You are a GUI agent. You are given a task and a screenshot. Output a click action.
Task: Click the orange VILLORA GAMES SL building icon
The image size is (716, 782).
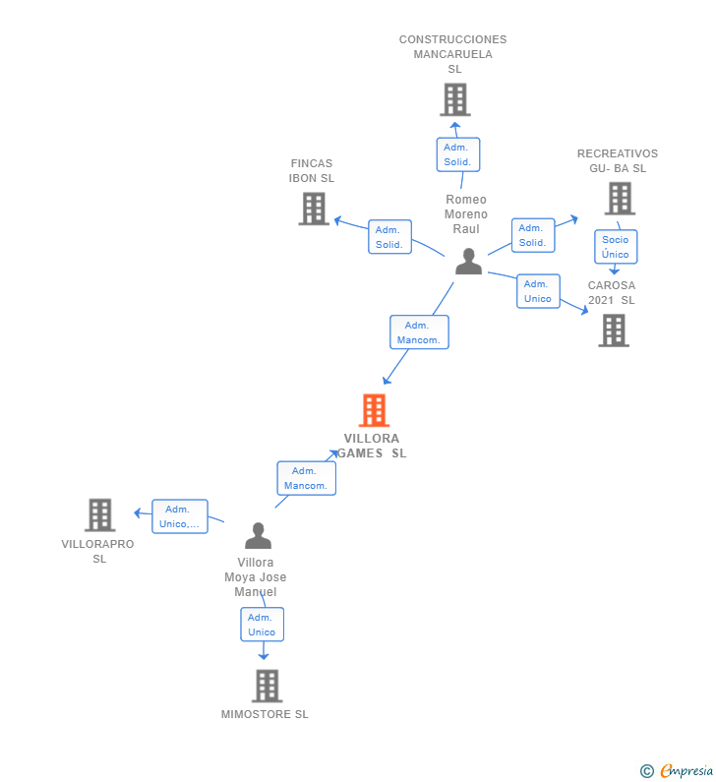[x=374, y=410]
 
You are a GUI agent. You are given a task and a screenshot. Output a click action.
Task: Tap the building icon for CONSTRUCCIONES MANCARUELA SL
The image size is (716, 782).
[x=455, y=99]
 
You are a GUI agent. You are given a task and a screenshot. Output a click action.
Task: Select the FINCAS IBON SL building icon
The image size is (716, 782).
[x=314, y=209]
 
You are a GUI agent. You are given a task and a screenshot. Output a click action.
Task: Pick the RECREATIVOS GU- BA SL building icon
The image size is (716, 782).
[x=620, y=199]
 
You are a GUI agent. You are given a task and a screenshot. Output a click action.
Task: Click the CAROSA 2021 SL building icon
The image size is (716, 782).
[x=614, y=331]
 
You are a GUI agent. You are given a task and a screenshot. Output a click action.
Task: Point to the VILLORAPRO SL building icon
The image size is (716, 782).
[x=100, y=514]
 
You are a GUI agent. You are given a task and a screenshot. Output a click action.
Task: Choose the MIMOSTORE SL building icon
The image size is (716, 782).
[x=268, y=686]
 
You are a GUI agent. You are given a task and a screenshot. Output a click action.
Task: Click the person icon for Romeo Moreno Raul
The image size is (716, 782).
[x=469, y=262]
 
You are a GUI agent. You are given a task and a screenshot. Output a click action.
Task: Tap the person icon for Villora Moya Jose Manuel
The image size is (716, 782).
[x=259, y=535]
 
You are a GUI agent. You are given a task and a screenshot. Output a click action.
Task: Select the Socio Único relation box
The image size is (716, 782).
[x=616, y=246]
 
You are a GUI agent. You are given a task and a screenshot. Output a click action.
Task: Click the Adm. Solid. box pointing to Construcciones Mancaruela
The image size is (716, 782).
[x=458, y=154]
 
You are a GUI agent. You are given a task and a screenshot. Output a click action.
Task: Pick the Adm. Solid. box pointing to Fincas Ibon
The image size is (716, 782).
[x=389, y=237]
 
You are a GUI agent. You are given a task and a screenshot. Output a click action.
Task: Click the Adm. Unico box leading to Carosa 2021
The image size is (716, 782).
[x=538, y=291]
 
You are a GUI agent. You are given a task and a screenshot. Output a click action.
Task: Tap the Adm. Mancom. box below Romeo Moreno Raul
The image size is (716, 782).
[x=419, y=332]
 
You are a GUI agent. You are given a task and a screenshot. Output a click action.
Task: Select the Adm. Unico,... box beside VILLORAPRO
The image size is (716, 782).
[x=180, y=516]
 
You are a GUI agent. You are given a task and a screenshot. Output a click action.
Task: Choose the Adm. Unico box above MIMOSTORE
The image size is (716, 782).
[x=263, y=625]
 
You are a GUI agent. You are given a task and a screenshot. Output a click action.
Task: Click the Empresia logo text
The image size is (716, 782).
[x=686, y=770]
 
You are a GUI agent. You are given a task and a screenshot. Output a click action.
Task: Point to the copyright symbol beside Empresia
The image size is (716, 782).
[x=647, y=771]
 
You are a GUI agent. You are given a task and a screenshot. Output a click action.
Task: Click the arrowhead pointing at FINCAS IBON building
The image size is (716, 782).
[x=338, y=220]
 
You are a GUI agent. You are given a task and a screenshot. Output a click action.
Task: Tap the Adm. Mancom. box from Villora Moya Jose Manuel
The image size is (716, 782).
[x=307, y=478]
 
